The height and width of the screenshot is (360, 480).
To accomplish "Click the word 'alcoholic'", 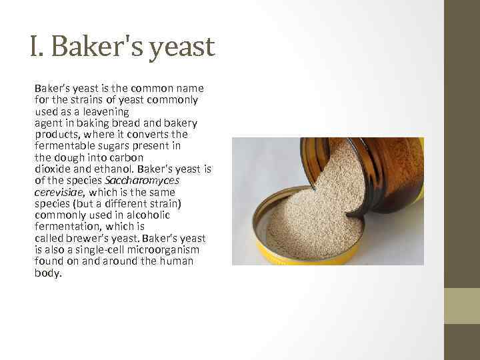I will pos(149,215).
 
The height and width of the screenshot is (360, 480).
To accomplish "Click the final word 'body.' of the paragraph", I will pos(48,273).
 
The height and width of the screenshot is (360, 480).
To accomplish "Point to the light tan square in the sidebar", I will pos(462,306).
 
